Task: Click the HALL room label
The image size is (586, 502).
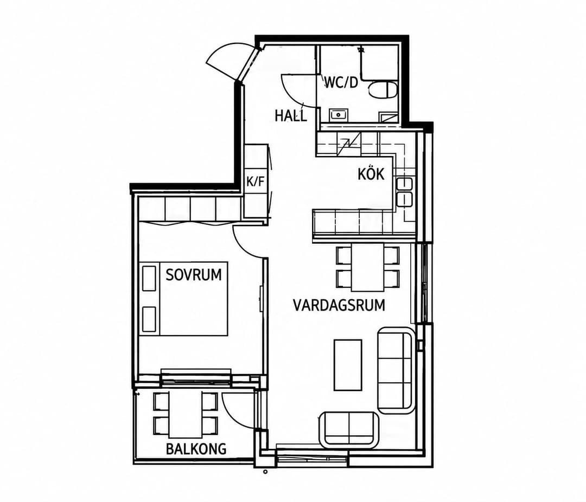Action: [291, 115]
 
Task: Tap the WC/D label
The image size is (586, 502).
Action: [341, 82]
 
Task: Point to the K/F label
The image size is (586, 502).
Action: [255, 182]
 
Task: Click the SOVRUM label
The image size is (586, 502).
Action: [194, 275]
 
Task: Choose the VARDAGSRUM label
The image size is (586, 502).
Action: [339, 305]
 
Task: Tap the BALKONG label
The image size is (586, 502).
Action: [196, 448]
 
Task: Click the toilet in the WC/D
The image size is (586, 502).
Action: [383, 90]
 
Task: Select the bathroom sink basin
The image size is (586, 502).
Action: [339, 114]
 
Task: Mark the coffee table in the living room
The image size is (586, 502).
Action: [348, 365]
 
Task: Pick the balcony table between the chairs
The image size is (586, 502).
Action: [186, 414]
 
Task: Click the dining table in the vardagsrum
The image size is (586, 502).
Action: [367, 267]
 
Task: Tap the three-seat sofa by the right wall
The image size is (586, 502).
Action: [396, 370]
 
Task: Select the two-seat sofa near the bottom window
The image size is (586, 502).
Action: [349, 429]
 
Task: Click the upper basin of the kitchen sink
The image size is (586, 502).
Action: [405, 184]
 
